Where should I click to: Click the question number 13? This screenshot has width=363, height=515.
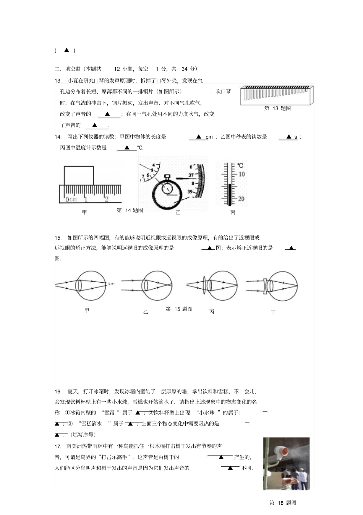(58, 80)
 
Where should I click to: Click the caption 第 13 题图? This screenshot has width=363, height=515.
(277, 108)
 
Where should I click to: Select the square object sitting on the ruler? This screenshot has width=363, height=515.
(79, 176)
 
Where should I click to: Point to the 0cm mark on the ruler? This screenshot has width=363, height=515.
(71, 199)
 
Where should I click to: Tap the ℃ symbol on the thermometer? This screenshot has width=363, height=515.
(240, 166)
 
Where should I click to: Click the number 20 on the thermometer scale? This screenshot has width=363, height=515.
(241, 199)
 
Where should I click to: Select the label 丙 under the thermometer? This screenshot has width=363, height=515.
(233, 213)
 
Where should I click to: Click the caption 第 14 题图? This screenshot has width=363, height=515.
(130, 210)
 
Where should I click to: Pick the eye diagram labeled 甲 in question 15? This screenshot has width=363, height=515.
(86, 285)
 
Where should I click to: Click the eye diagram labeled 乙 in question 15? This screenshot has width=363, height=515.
(147, 285)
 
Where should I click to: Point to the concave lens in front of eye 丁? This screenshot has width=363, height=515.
(265, 286)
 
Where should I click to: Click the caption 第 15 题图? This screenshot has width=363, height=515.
(179, 309)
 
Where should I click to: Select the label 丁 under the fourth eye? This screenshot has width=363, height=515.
(273, 312)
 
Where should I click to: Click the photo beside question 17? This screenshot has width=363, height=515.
(286, 464)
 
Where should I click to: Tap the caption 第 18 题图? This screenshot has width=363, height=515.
(282, 503)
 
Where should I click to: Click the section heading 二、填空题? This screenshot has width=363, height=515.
(68, 69)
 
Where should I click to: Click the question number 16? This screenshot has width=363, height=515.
(58, 391)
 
